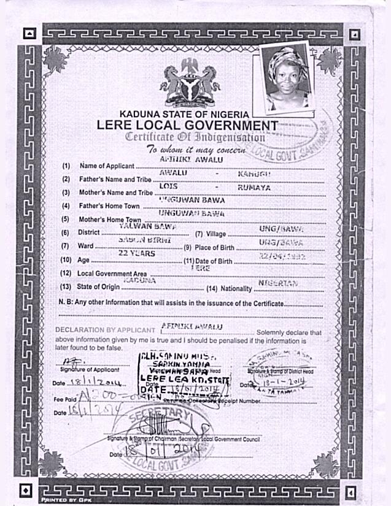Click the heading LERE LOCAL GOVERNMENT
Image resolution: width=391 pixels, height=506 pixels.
[187, 125]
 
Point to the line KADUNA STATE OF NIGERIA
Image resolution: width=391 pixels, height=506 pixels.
[184, 114]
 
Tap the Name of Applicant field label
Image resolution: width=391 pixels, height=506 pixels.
[106, 166]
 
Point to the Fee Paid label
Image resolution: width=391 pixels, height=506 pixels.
[66, 399]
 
